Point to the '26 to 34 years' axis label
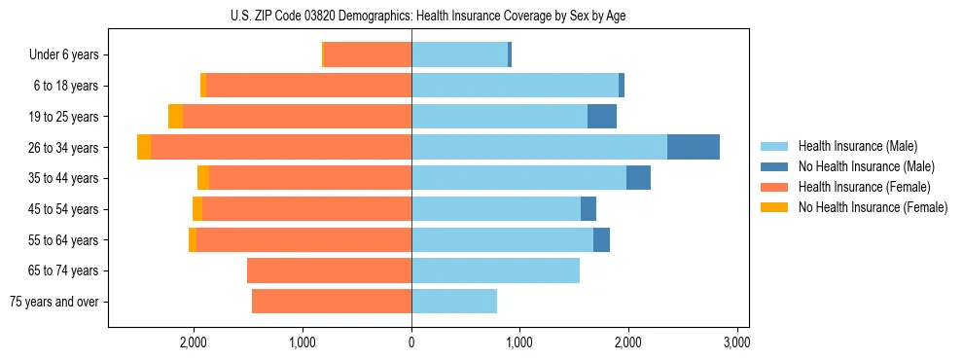(64, 148)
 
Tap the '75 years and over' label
(54, 302)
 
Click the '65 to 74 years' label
(64, 270)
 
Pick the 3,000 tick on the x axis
(736, 342)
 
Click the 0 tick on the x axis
(411, 342)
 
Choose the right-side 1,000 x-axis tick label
(519, 342)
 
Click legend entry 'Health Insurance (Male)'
(857, 146)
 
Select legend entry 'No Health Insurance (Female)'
(873, 207)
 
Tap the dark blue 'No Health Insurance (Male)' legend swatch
(775, 166)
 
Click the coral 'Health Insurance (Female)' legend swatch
(775, 187)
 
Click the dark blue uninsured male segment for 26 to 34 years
(694, 147)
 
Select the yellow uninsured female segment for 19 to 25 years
(175, 117)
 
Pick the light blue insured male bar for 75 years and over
(454, 302)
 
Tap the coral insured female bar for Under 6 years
(368, 55)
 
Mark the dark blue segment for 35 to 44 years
(638, 178)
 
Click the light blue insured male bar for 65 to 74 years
(495, 270)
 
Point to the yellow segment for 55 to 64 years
(193, 240)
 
